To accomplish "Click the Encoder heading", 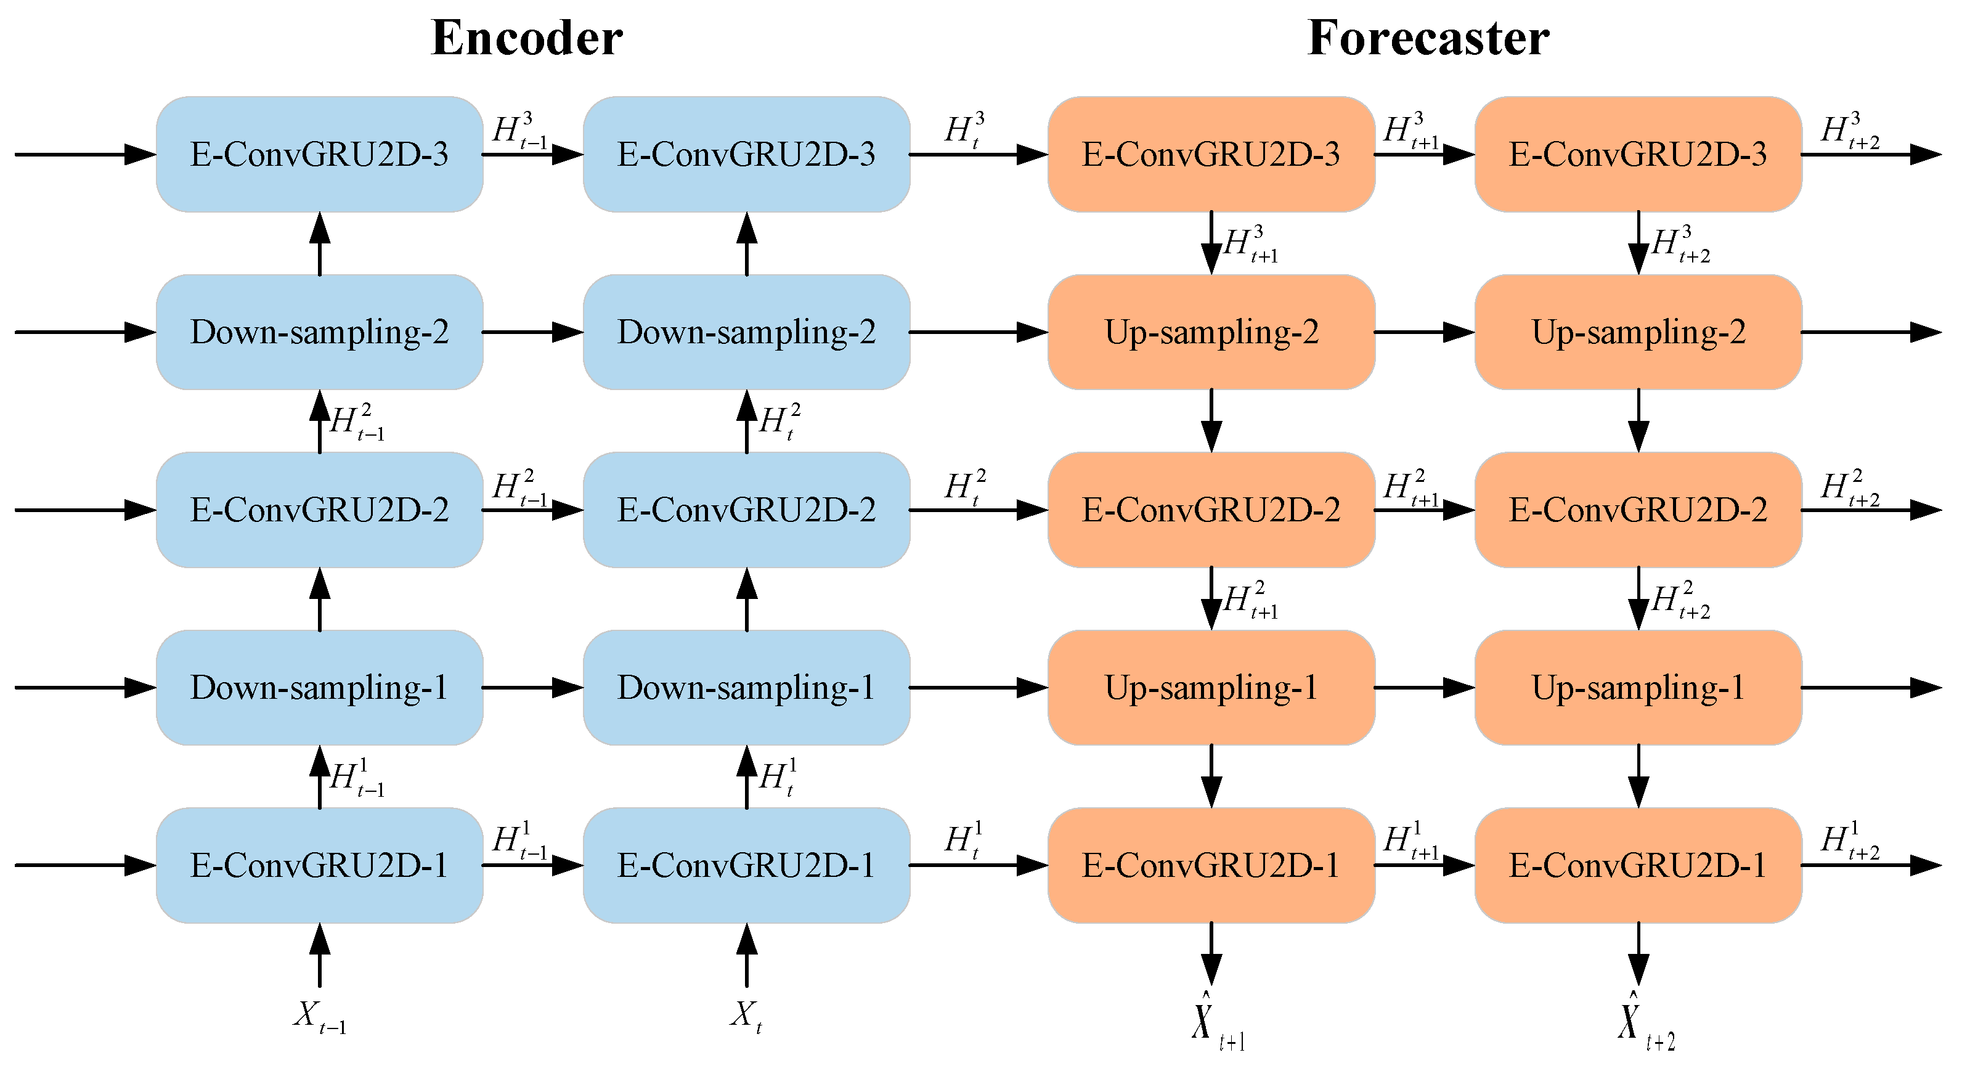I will pyautogui.click(x=527, y=38).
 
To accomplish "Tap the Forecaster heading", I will pyautogui.click(x=1428, y=38).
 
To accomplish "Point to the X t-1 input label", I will pyautogui.click(x=319, y=1017).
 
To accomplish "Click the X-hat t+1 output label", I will pyautogui.click(x=1217, y=1022).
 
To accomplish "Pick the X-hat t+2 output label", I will pyautogui.click(x=1645, y=1022).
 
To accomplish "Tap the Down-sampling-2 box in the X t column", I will pyautogui.click(x=746, y=332).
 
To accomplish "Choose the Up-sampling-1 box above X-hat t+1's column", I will pyautogui.click(x=1211, y=687).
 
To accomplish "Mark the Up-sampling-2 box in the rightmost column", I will pyautogui.click(x=1638, y=332).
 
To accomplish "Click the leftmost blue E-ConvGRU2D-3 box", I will pyautogui.click(x=319, y=153).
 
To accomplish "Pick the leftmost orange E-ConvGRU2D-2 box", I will pyautogui.click(x=1211, y=509).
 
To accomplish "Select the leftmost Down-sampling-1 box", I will pyautogui.click(x=319, y=687).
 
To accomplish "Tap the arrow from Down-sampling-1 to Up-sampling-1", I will pyautogui.click(x=979, y=687).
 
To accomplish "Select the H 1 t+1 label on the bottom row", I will pyautogui.click(x=1410, y=840).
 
